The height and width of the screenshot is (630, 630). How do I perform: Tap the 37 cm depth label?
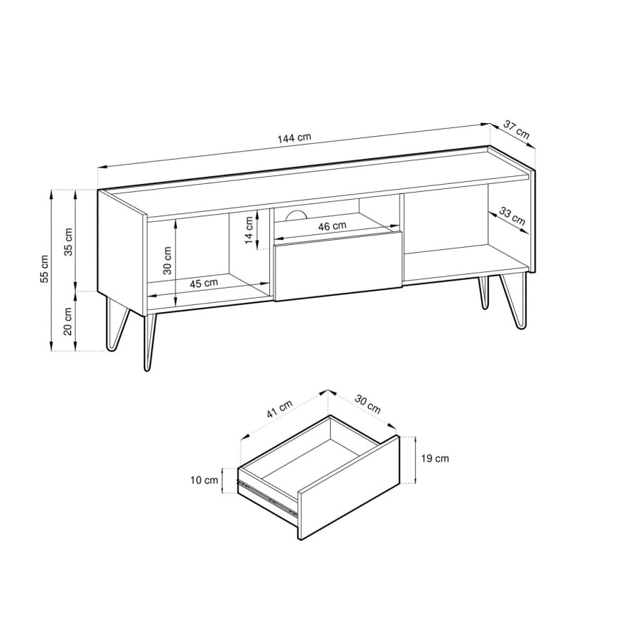(516, 130)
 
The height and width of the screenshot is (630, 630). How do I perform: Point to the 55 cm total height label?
(44, 270)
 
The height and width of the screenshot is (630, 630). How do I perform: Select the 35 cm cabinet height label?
(69, 241)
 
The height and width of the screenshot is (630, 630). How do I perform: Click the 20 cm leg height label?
(69, 320)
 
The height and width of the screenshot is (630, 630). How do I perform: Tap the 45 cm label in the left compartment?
(204, 283)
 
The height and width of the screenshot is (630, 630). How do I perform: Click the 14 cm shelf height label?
(248, 228)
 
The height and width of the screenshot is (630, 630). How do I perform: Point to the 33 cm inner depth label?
(512, 216)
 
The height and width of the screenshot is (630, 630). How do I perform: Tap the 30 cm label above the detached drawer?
(368, 405)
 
